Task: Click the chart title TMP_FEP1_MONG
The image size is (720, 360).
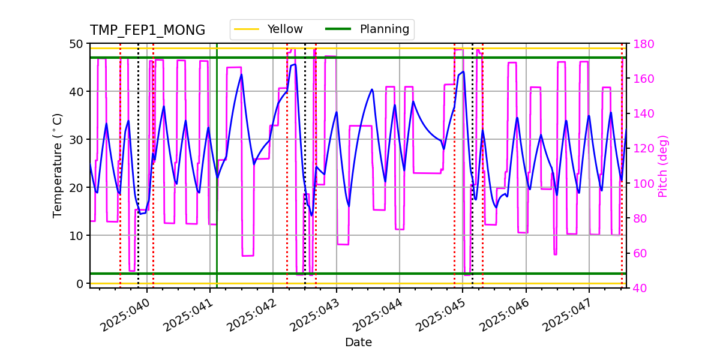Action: click(x=147, y=31)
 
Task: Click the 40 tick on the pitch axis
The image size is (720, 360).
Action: click(x=637, y=288)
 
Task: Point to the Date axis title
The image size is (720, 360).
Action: click(x=358, y=343)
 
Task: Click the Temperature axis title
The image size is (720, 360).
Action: click(x=58, y=165)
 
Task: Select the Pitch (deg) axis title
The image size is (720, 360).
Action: click(x=663, y=166)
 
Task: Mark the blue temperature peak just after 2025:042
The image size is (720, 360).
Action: click(x=294, y=64)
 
